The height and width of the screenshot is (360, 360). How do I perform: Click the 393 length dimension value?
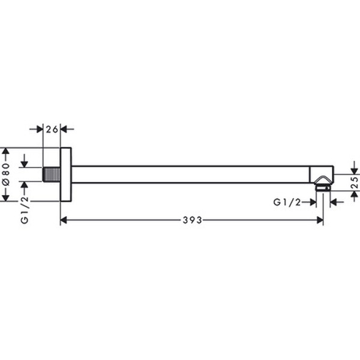coord(192,220)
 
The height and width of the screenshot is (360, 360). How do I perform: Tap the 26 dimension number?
coord(52,128)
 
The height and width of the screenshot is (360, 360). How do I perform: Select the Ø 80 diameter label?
coord(5,174)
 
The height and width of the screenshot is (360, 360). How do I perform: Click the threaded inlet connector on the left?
coord(52,174)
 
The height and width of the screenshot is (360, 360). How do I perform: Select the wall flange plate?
coord(66,174)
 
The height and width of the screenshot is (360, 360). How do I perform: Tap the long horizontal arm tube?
coord(192,174)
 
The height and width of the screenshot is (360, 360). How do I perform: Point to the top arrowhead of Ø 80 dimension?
coord(5,150)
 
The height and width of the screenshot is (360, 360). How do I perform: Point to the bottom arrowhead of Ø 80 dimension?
coord(5,198)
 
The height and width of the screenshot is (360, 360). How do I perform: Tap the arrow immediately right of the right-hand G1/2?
coord(334,203)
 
